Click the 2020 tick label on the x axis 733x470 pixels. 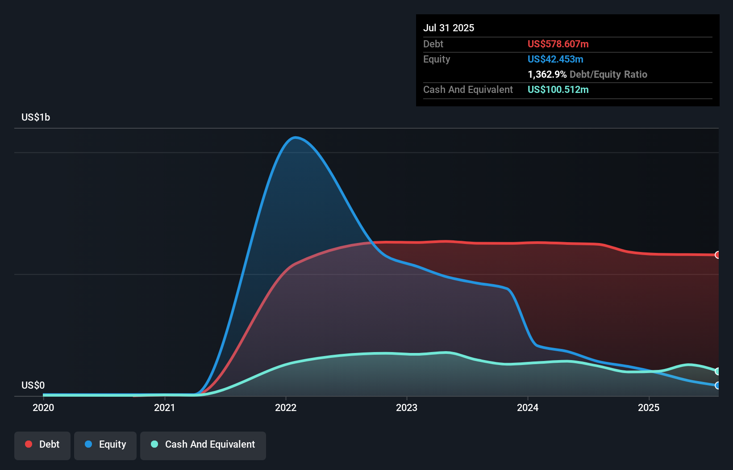(43, 407)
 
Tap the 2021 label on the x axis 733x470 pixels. (164, 407)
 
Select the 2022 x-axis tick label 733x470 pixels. (286, 407)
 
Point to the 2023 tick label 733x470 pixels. (407, 407)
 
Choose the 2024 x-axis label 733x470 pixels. (528, 407)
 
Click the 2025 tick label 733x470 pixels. (649, 407)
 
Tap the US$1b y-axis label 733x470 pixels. (36, 117)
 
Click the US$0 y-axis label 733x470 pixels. (33, 385)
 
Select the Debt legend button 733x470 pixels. (42, 445)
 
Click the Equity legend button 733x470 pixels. (105, 445)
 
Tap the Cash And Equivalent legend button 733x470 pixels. (203, 445)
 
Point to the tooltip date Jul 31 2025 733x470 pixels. (449, 28)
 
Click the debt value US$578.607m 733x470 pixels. (558, 44)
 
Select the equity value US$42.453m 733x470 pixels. (555, 59)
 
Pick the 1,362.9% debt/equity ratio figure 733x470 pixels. (547, 74)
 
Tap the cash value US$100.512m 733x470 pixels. (558, 89)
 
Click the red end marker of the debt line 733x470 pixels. (717, 255)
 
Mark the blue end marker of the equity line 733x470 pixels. (717, 385)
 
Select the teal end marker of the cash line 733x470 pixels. (717, 371)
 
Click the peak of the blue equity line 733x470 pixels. (296, 137)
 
